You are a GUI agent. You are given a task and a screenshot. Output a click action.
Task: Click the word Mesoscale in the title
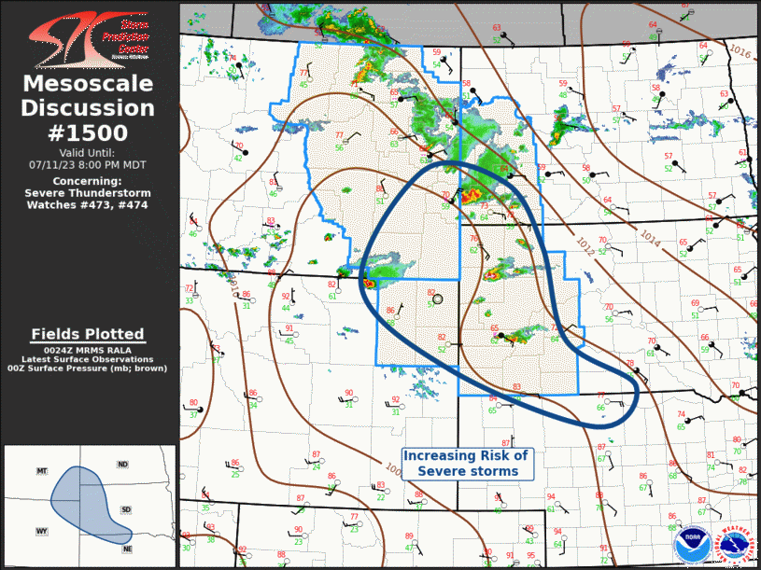89,84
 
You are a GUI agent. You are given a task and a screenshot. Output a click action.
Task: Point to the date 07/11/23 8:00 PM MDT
89,164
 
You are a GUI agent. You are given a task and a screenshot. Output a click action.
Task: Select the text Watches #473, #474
89,204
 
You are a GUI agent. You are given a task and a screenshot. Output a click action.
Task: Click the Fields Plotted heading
88,334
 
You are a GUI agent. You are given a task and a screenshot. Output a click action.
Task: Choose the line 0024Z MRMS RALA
88,349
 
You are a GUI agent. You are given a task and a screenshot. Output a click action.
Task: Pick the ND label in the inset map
122,464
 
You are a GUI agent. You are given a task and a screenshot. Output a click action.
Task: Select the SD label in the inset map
126,509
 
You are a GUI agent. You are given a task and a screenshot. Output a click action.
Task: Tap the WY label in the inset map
41,531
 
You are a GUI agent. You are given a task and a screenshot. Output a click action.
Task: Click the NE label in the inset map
126,549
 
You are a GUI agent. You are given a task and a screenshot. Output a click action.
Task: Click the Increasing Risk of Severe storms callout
466,463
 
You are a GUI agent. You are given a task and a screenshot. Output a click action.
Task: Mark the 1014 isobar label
651,238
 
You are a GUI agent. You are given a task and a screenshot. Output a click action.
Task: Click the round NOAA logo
690,542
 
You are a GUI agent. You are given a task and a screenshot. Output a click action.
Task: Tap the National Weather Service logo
733,543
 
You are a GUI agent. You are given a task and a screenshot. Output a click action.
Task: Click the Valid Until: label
89,152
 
